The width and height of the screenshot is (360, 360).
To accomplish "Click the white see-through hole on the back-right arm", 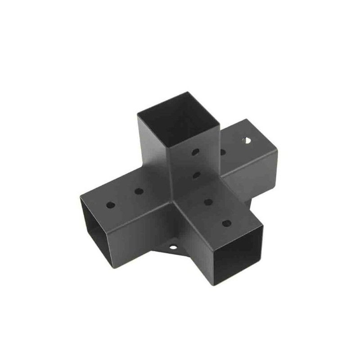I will coord(246,140).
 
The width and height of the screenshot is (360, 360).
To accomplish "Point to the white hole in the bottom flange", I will coord(172,247).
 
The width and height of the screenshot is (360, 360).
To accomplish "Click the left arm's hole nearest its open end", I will coord(111,205).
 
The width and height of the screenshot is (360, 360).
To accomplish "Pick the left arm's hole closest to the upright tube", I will coord(139,191).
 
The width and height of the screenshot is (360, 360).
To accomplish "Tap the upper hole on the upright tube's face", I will coord(195,152).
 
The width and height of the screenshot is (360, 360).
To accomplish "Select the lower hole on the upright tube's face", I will coord(196,174).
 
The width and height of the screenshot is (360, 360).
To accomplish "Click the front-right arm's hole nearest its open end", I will coord(226,223).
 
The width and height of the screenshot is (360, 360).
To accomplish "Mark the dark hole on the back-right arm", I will coord(222,152).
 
